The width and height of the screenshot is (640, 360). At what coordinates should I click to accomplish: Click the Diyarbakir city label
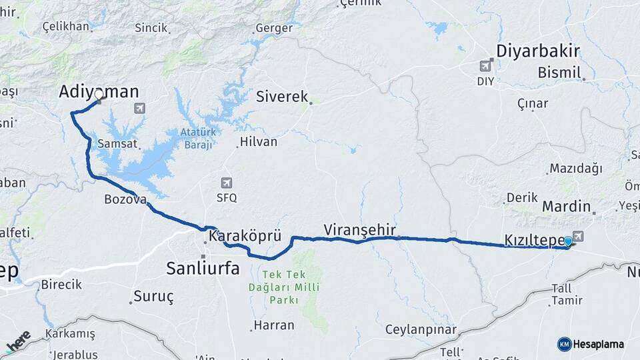tap(538, 51)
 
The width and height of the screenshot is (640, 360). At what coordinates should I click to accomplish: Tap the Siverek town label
tap(282, 97)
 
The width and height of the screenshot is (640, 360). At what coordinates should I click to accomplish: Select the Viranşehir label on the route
tap(360, 229)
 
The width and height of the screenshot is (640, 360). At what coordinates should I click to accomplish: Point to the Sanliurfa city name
tap(203, 269)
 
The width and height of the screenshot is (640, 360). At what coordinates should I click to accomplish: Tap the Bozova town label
tap(125, 199)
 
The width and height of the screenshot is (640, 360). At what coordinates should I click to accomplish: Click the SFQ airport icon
tap(227, 183)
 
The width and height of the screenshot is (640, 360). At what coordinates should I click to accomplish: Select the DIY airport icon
tap(485, 65)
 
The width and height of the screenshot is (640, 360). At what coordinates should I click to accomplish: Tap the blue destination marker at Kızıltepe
tap(567, 241)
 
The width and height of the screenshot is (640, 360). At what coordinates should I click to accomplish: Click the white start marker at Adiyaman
tap(99, 95)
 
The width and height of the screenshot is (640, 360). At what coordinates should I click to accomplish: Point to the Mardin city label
tap(566, 206)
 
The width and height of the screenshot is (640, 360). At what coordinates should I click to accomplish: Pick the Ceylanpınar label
tap(421, 329)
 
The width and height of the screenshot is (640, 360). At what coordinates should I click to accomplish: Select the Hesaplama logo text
tap(598, 344)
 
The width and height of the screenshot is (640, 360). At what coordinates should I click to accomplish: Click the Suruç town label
tap(153, 295)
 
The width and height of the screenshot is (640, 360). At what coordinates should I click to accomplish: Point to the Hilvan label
tap(258, 141)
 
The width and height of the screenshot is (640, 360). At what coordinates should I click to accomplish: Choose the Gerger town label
tap(274, 28)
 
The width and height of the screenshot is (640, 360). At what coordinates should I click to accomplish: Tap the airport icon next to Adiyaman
tap(139, 107)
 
